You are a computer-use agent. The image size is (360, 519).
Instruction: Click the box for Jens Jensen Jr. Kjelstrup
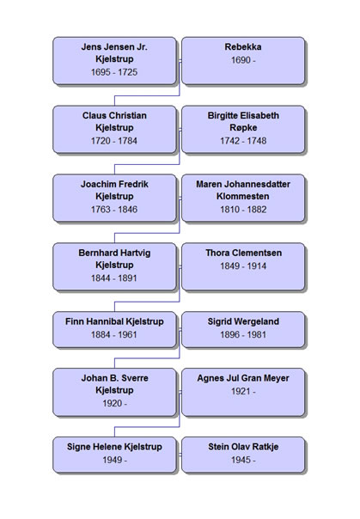114,60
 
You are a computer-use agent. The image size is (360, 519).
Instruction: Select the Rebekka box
243,60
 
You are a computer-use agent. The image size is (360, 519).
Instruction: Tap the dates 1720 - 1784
114,141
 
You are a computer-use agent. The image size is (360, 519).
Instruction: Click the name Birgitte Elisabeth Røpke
243,121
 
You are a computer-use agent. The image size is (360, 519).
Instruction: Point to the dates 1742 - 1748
243,141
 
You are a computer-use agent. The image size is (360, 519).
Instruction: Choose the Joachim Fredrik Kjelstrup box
114,198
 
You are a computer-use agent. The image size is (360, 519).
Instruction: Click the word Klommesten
243,196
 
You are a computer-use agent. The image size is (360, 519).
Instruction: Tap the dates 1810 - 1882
243,210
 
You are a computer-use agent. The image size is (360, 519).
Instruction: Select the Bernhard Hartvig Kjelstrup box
114,266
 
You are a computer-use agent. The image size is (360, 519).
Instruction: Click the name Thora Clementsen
243,253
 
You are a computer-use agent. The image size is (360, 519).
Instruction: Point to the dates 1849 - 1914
243,266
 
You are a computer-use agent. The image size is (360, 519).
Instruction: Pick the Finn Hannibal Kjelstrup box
114,329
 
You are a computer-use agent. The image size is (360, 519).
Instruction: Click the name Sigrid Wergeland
243,321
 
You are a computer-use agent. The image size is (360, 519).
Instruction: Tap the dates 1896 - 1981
243,334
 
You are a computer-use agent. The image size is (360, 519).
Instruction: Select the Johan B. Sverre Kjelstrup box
114,392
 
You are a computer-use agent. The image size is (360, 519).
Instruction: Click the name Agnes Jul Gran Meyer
243,378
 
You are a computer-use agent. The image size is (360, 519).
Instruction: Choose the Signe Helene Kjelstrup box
114,455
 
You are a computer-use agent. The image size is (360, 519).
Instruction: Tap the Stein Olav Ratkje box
243,455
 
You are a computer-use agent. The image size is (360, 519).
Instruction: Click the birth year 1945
240,460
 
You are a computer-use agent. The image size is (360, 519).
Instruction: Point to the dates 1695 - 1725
114,72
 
